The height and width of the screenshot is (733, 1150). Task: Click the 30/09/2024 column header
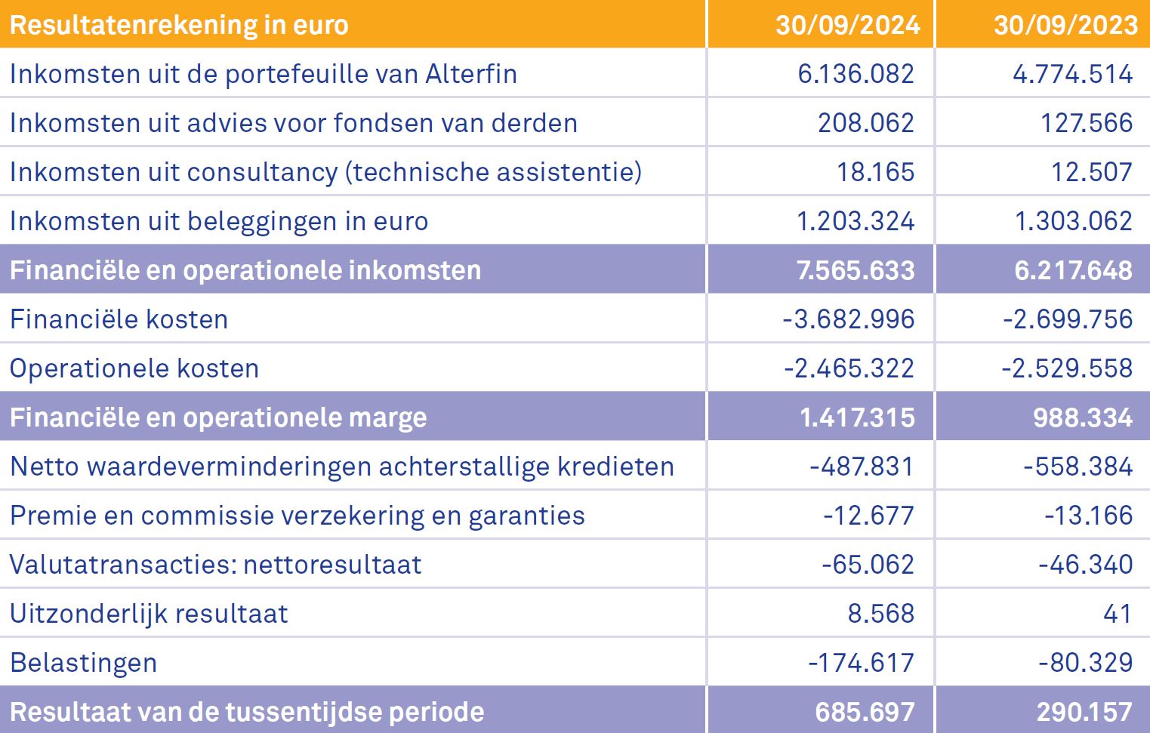pos(847,25)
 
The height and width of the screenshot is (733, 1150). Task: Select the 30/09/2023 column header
pos(1065,25)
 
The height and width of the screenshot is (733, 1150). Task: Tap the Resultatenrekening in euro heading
pos(179,25)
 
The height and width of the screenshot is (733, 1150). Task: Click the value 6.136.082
pos(856,74)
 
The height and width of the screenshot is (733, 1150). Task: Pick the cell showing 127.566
pos(1086,123)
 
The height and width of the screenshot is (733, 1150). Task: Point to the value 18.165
pos(875,172)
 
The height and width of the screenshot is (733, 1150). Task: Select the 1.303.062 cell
pos(1073,221)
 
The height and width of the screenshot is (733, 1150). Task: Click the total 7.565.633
pos(856,270)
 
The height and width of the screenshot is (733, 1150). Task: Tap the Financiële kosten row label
pos(119,319)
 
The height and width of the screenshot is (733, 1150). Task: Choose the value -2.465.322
pos(849,368)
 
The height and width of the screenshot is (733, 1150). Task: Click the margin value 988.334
pos(1082,417)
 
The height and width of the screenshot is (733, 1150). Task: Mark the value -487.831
pos(862,467)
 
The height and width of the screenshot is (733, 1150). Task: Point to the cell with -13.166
pos(1088,516)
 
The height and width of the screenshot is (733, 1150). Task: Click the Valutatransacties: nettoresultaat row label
pos(215,565)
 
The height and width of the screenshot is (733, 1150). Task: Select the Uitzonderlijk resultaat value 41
pos(1118,614)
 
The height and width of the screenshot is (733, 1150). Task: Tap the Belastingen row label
pos(83,663)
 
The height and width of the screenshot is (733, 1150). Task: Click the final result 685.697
pos(865,712)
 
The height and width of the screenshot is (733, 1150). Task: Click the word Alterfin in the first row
pos(471,74)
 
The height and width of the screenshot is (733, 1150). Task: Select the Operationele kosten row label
pos(134,368)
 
